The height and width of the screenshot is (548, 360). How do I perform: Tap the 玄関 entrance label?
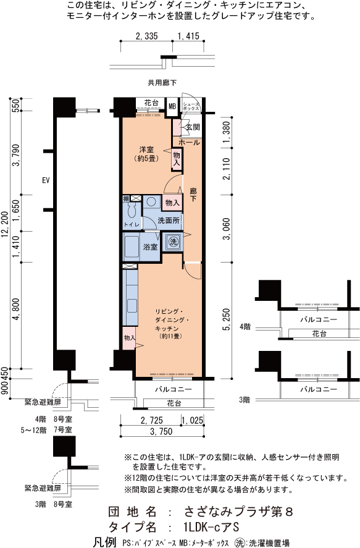(193, 127)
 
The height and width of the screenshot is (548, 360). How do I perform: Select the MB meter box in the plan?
(172, 106)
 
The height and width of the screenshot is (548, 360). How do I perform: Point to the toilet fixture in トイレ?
(132, 211)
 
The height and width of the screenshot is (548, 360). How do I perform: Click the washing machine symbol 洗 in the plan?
(173, 242)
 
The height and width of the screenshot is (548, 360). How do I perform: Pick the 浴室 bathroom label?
(151, 247)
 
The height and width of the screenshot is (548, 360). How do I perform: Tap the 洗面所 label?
(169, 221)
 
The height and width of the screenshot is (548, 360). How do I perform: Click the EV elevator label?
(46, 180)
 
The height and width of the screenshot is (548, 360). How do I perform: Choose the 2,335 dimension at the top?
(146, 36)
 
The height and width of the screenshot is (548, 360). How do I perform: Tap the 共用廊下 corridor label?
(162, 83)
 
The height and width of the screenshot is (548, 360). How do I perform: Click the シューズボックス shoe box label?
(191, 106)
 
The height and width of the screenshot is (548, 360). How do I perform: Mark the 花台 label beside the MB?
(151, 103)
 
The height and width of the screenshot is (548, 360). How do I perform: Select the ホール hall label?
(189, 143)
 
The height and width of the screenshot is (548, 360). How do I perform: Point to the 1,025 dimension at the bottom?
(192, 421)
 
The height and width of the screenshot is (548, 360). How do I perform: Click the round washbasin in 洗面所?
(151, 202)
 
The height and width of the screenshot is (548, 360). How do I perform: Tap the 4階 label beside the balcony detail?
(245, 327)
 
